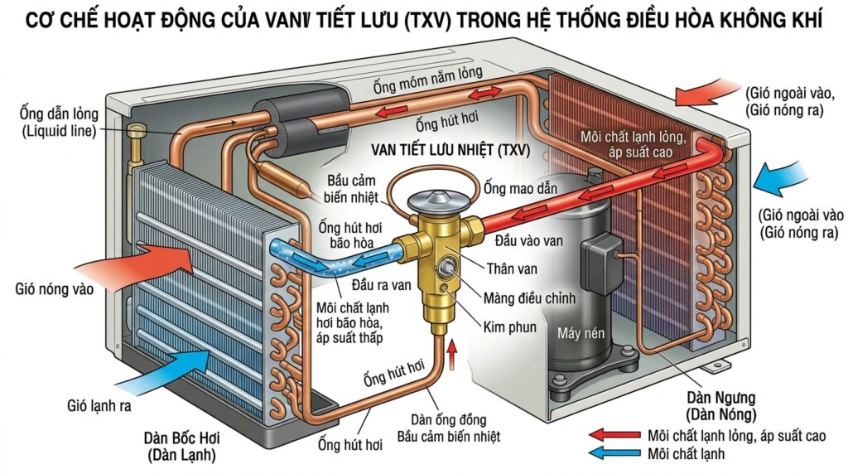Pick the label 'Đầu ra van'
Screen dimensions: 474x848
pyautogui.click(x=335, y=283)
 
